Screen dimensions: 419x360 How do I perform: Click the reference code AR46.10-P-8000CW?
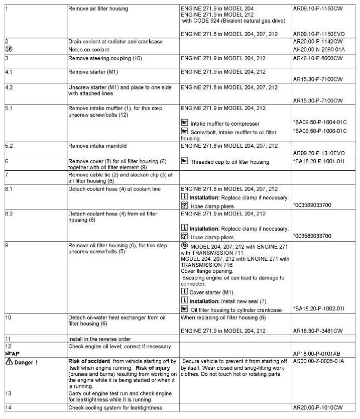click(317, 59)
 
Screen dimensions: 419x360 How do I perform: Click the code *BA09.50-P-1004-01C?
click(320, 122)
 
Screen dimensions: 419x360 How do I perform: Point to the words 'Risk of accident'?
click(87, 362)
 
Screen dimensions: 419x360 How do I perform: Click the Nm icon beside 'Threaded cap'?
click(184, 162)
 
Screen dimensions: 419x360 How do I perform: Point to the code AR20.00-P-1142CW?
click(317, 41)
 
